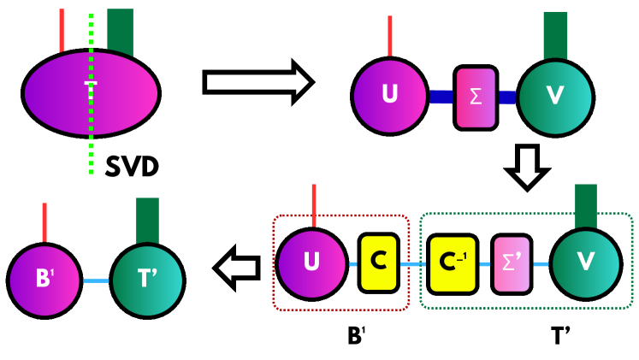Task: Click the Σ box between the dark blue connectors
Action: (475, 97)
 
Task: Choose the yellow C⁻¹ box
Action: (451, 262)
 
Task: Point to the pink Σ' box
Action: (512, 262)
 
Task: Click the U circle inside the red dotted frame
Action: (312, 263)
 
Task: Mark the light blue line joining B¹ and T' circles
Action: (94, 280)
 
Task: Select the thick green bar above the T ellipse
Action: (119, 32)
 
